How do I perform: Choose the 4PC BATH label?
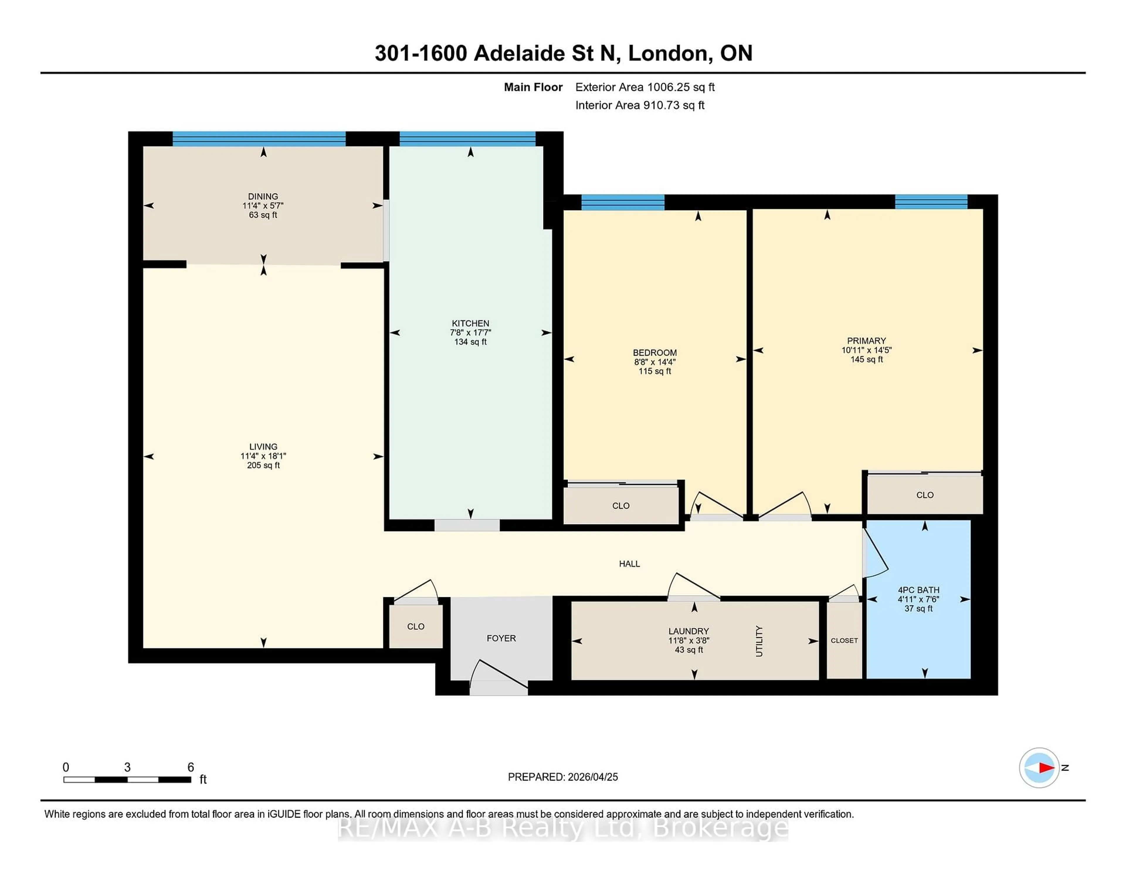coord(918,590)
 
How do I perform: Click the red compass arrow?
coord(1046,768)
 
